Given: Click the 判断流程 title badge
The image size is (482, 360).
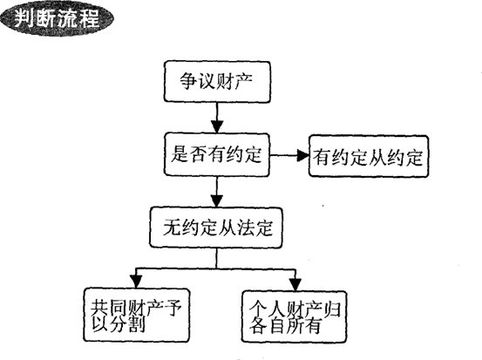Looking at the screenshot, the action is [57, 17].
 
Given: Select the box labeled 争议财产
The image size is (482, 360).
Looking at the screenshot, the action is [217, 81].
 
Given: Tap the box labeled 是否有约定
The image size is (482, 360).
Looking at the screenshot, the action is [217, 154].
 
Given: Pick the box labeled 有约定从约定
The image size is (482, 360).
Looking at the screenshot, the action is [369, 156].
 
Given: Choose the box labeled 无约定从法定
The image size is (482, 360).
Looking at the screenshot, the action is [216, 228].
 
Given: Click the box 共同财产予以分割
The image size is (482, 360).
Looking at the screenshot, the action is [137, 315].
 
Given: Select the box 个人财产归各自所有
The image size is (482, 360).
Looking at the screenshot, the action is [295, 316].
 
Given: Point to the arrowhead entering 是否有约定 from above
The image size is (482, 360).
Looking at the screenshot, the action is [217, 126].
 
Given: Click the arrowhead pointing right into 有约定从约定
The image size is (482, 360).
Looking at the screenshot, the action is [302, 155].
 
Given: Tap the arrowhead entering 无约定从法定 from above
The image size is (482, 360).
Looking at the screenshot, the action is [217, 201].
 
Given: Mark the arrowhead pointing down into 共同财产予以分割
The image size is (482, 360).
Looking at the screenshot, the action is [136, 282].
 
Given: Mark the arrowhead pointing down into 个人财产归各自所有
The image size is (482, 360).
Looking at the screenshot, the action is [295, 284].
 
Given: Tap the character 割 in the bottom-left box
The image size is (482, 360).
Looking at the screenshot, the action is [137, 324].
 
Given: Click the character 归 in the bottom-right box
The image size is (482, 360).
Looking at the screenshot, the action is [333, 309].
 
